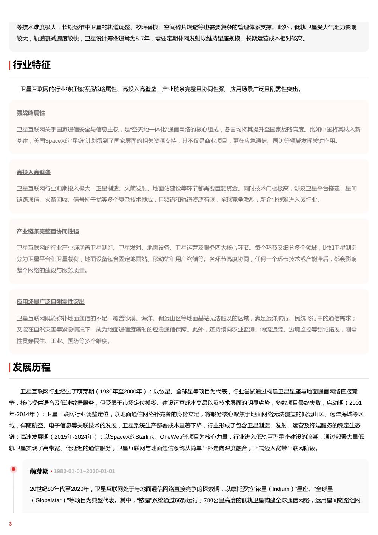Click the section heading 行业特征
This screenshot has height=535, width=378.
pyautogui.click(x=32, y=65)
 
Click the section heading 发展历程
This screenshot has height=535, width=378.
pyautogui.click(x=32, y=367)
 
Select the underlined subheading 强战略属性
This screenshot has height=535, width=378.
pyautogui.click(x=31, y=113)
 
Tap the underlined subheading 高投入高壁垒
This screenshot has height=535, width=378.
pyautogui.click(x=34, y=172)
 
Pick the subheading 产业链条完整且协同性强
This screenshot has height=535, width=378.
pyautogui.click(x=48, y=231)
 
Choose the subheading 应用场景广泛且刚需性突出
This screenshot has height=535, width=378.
pyautogui.click(x=51, y=302)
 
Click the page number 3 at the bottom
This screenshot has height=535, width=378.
pyautogui.click(x=11, y=524)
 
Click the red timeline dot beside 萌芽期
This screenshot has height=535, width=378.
pyautogui.click(x=14, y=469)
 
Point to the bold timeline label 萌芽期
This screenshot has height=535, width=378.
pyautogui.click(x=39, y=471)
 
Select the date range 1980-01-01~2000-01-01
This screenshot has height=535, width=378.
pyautogui.click(x=84, y=471)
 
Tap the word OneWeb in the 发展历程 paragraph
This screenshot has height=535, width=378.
pyautogui.click(x=172, y=437)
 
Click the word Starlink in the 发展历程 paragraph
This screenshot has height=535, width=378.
pyautogui.click(x=145, y=437)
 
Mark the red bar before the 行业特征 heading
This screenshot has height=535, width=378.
pyautogui.click(x=10, y=65)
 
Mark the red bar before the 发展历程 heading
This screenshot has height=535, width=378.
pyautogui.click(x=10, y=368)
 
